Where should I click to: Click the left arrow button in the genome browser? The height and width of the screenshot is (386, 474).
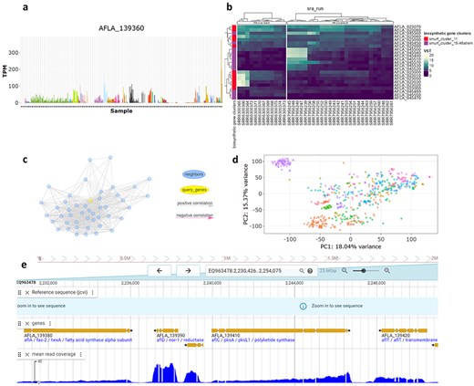tap(159, 270)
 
